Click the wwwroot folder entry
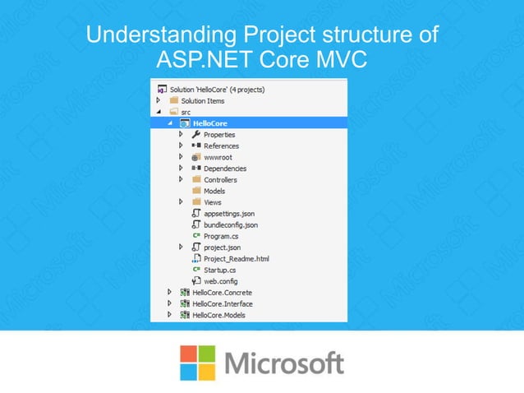click(x=218, y=157)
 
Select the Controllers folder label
click(x=220, y=179)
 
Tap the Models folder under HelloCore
click(x=214, y=191)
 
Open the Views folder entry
click(x=212, y=202)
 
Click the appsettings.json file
click(x=229, y=213)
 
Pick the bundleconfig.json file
click(x=231, y=224)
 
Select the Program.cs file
click(x=221, y=236)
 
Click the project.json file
click(x=222, y=247)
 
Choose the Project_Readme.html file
click(x=237, y=258)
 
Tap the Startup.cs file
click(x=220, y=270)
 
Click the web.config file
click(x=220, y=280)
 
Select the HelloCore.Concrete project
click(x=222, y=292)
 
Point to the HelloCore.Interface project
click(x=222, y=303)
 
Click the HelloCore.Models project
click(x=218, y=314)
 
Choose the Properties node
click(x=219, y=134)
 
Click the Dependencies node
click(x=224, y=169)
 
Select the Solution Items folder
click(x=202, y=100)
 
